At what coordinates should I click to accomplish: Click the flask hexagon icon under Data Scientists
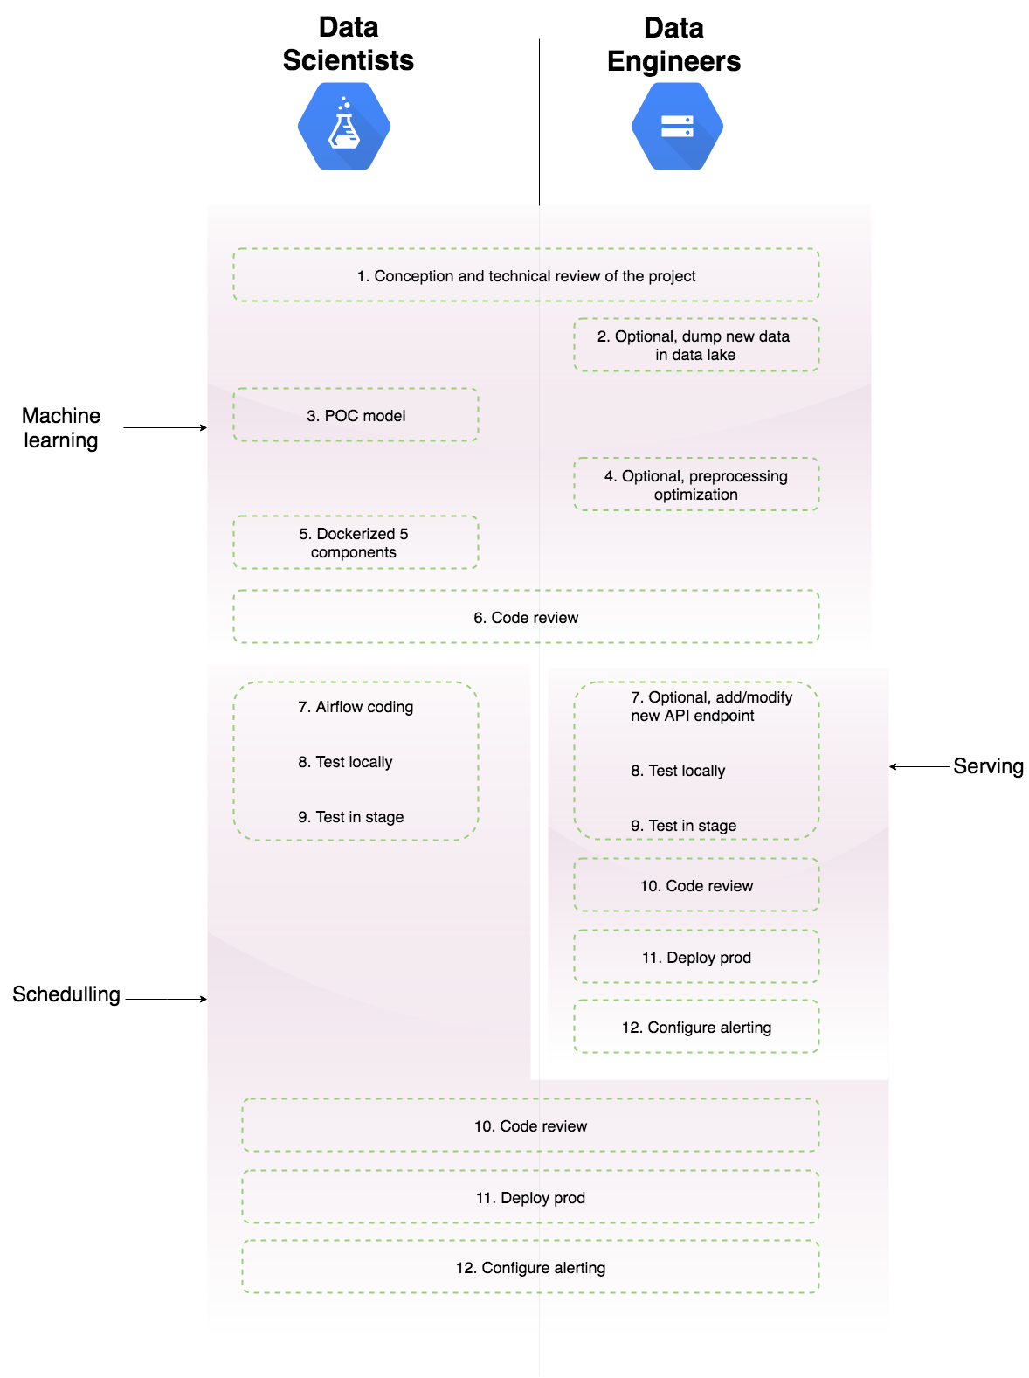point(343,127)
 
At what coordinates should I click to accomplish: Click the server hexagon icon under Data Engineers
point(677,127)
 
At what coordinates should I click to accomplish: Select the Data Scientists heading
point(348,44)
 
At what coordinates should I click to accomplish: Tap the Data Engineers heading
point(673,45)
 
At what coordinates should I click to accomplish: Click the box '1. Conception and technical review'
point(526,276)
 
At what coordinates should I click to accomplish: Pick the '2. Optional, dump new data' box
point(695,345)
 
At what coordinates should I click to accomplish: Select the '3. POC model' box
point(356,416)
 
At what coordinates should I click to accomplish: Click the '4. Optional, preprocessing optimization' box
point(695,485)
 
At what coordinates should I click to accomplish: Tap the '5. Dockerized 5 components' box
point(355,543)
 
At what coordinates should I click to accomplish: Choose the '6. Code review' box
point(526,618)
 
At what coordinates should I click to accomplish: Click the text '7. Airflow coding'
point(356,707)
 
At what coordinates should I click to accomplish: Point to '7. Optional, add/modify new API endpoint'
point(710,706)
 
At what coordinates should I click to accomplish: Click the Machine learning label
point(61,427)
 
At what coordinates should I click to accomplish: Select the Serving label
point(988,766)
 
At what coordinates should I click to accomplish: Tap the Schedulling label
point(66,994)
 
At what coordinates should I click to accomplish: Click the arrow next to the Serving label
point(919,766)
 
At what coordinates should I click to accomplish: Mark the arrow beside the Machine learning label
point(165,427)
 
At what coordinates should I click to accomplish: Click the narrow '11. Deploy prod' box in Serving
point(696,958)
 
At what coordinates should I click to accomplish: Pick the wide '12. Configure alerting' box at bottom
point(530,1268)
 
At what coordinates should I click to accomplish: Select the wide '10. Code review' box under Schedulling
point(530,1126)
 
